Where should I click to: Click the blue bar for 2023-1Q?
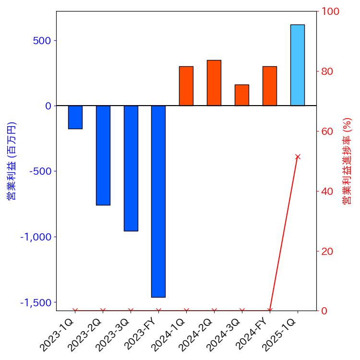click(x=75, y=117)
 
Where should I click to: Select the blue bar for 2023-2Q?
click(x=103, y=155)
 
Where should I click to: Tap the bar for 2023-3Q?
click(x=131, y=168)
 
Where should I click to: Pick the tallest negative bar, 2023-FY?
click(x=158, y=201)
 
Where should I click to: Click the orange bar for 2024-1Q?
click(x=186, y=86)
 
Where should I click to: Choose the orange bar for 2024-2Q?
click(x=214, y=83)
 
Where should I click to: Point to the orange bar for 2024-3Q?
click(x=242, y=95)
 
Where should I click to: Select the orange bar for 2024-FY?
click(x=270, y=86)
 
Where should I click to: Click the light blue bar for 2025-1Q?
click(x=298, y=65)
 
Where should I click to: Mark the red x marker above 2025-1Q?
click(x=298, y=156)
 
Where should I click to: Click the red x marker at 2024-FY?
click(x=270, y=311)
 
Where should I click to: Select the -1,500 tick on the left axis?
click(x=36, y=303)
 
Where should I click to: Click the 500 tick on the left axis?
click(x=42, y=40)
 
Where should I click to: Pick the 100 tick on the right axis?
click(x=330, y=12)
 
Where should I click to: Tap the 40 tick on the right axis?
click(x=328, y=191)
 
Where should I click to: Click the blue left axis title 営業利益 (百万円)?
click(x=11, y=161)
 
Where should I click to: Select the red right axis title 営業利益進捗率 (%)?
click(x=347, y=161)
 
